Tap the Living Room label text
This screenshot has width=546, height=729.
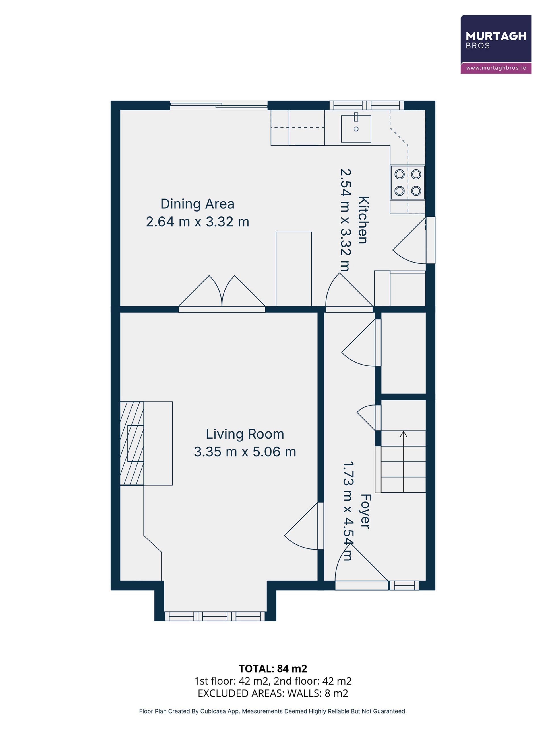pyautogui.click(x=245, y=434)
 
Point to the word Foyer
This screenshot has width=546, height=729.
pyautogui.click(x=366, y=511)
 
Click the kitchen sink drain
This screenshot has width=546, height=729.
pyautogui.click(x=356, y=129)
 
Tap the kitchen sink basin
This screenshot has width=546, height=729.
pyautogui.click(x=356, y=129)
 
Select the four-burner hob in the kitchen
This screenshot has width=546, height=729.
pyautogui.click(x=408, y=182)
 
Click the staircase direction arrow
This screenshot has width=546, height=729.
pyautogui.click(x=404, y=462)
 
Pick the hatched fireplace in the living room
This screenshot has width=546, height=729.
pyautogui.click(x=132, y=443)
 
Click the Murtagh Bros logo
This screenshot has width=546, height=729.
pyautogui.click(x=496, y=44)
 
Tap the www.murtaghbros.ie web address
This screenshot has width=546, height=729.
pyautogui.click(x=496, y=68)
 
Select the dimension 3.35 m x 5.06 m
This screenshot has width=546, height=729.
pyautogui.click(x=245, y=452)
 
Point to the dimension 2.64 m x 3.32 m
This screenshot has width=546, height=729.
pyautogui.click(x=197, y=222)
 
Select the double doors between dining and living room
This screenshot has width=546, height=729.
pyautogui.click(x=222, y=294)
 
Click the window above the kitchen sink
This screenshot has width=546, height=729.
pyautogui.click(x=367, y=105)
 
